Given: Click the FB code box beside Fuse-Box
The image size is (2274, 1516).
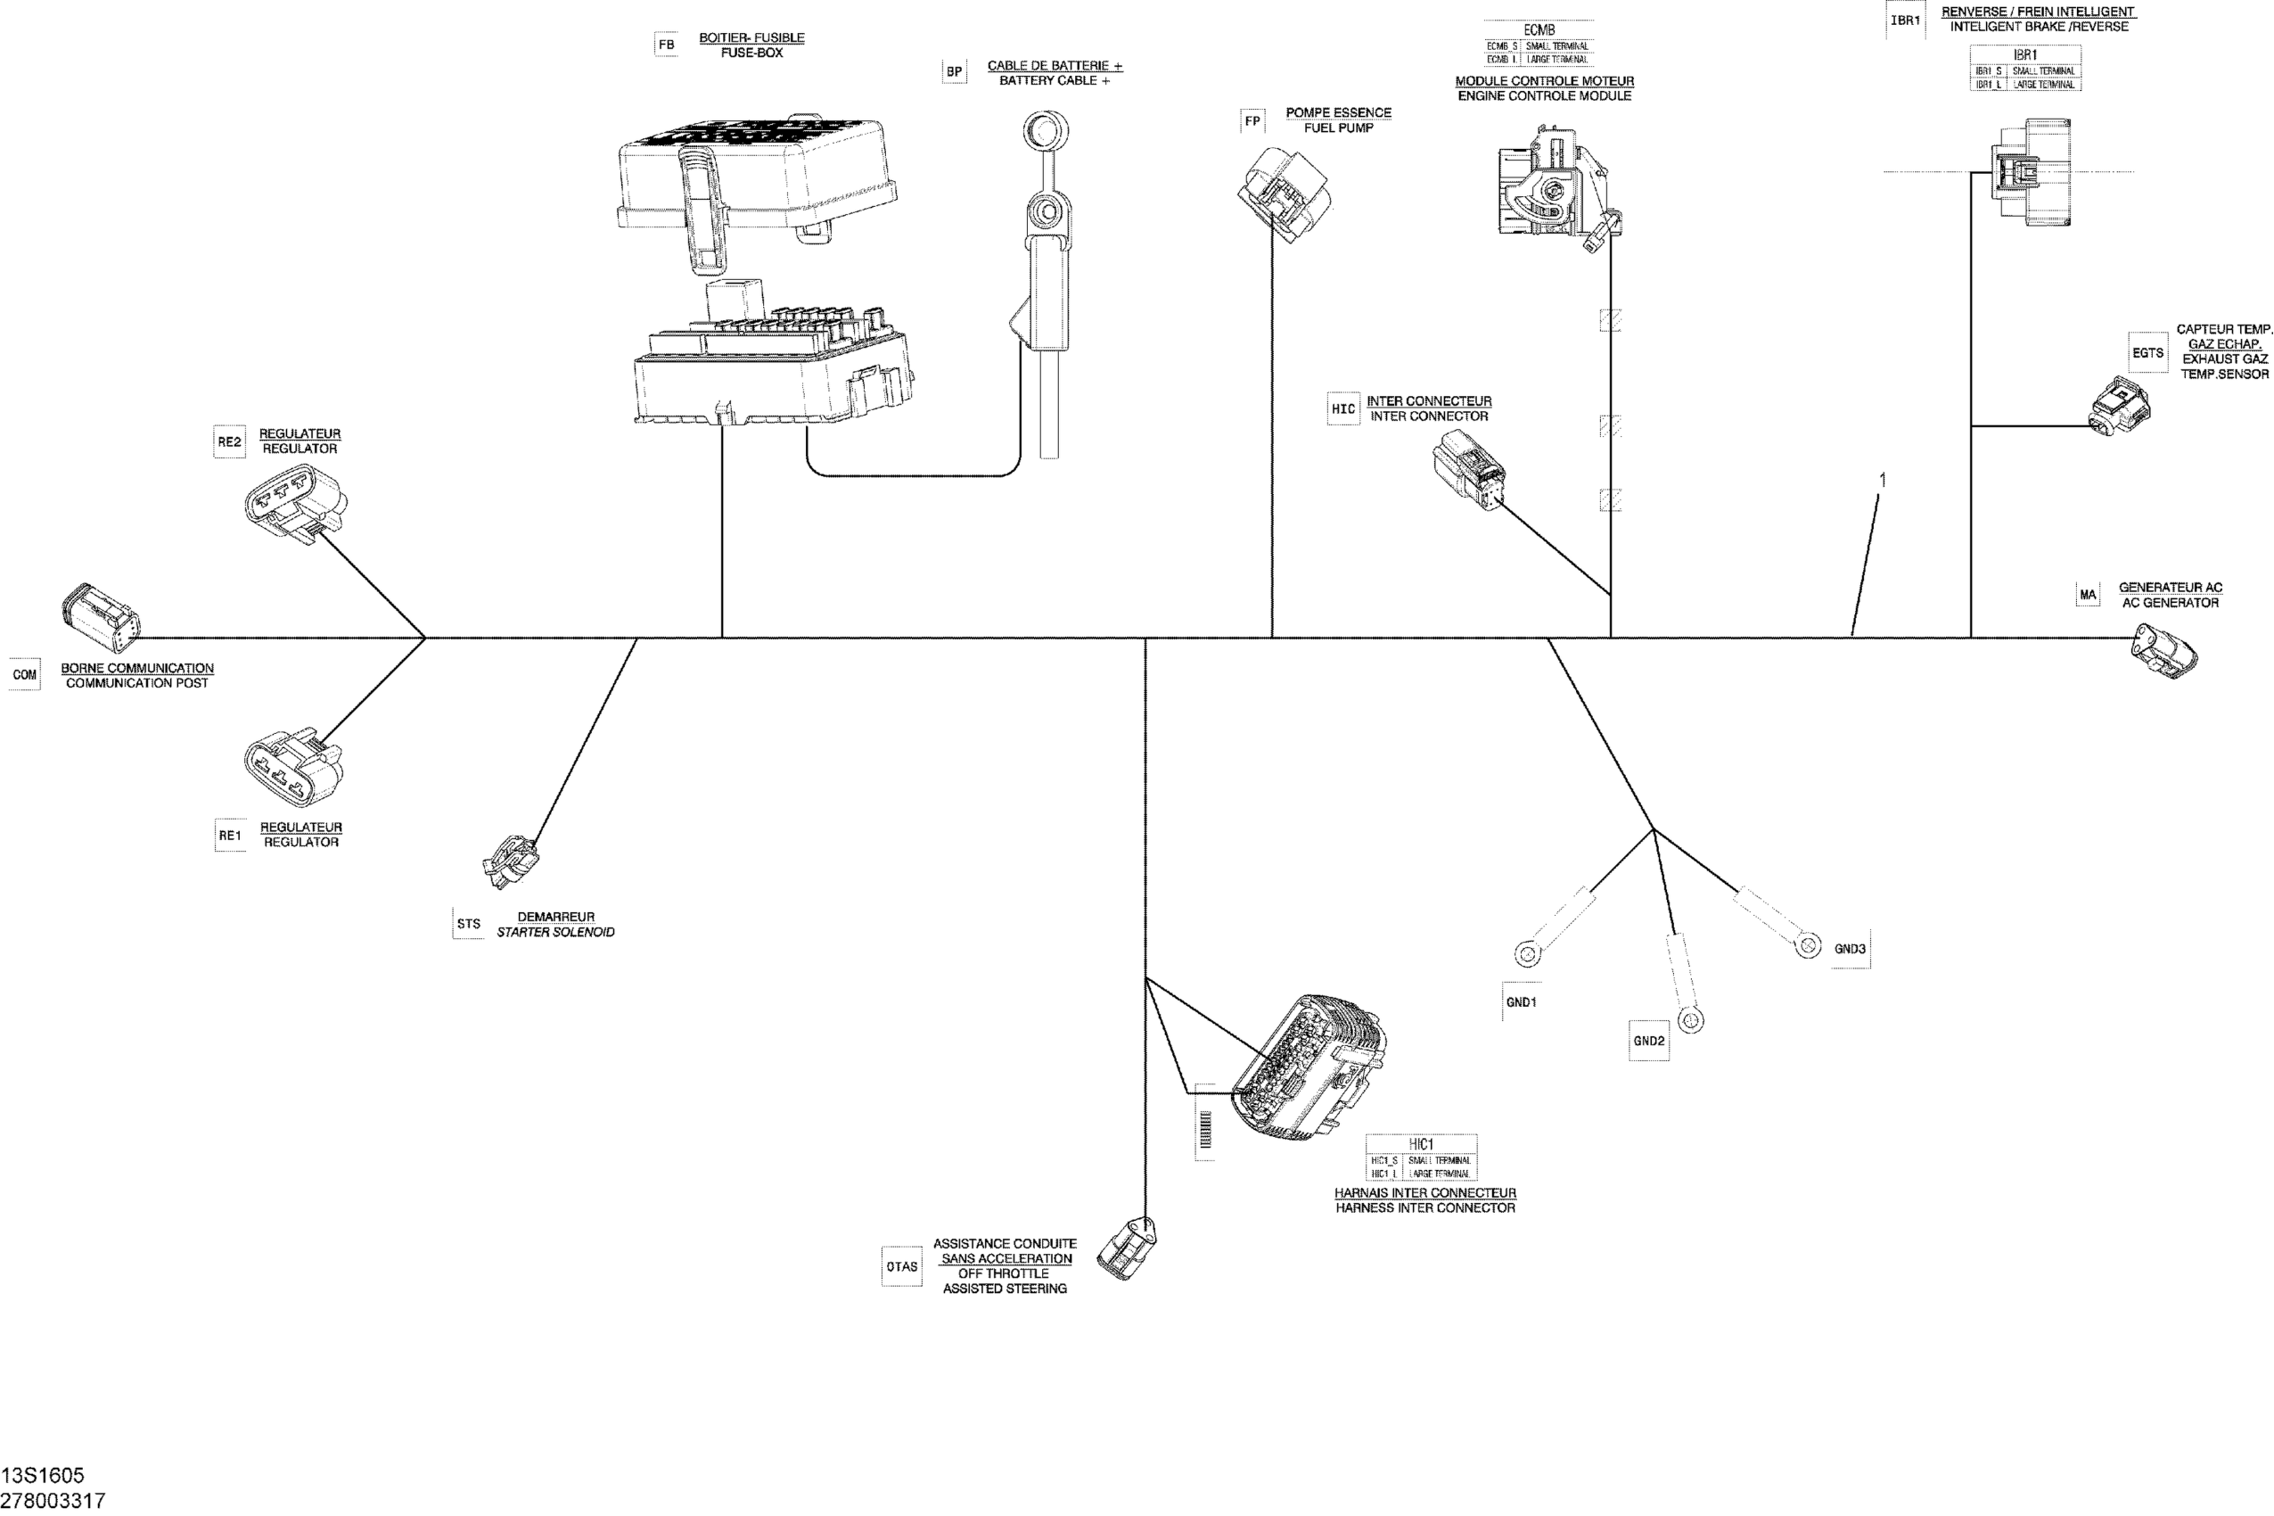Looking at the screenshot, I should tap(666, 45).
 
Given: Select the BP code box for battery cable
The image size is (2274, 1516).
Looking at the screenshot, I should tap(954, 71).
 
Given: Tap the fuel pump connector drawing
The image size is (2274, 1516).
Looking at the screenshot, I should tap(1284, 194).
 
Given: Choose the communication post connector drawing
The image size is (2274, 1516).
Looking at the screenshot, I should tap(101, 619).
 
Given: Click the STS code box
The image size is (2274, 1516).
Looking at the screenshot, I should tap(469, 924).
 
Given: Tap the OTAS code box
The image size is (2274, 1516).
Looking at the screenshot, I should tap(902, 1266).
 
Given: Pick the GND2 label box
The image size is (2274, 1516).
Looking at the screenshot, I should tap(1649, 1042).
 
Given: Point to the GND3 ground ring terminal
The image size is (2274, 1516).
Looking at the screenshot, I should tap(1808, 944).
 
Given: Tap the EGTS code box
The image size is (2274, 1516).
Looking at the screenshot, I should tap(2147, 353).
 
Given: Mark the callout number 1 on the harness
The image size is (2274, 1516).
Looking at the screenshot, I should tap(1882, 481).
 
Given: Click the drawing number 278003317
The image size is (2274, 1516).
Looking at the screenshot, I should tap(53, 1501).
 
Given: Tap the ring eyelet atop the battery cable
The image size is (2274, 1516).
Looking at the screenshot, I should tap(1045, 128).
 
